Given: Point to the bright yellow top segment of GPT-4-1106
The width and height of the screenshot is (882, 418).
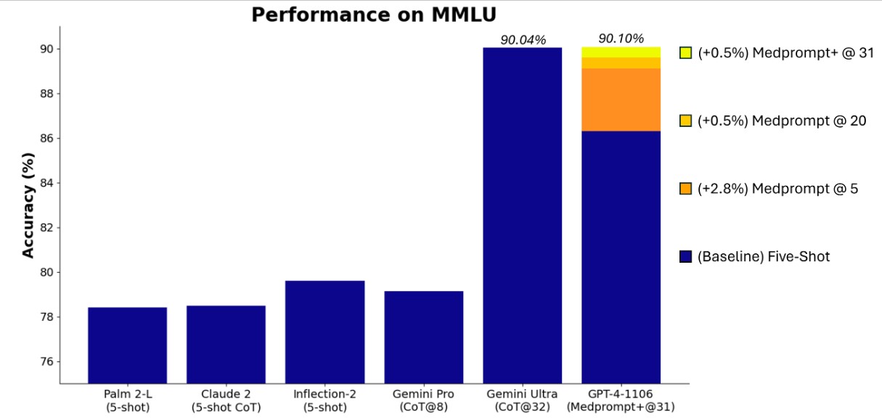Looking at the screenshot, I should pyautogui.click(x=621, y=52).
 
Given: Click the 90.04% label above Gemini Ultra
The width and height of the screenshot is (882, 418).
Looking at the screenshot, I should pyautogui.click(x=522, y=40).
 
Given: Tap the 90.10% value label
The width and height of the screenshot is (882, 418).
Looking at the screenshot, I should pyautogui.click(x=621, y=38).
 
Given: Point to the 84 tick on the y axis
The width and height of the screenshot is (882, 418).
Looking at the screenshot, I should pyautogui.click(x=44, y=183).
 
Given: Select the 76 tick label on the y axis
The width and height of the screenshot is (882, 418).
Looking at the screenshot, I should pyautogui.click(x=44, y=362).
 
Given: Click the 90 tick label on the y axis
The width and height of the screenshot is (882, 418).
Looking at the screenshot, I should pyautogui.click(x=44, y=49).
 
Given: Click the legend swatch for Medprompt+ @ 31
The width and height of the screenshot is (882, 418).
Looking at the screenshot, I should pyautogui.click(x=685, y=53).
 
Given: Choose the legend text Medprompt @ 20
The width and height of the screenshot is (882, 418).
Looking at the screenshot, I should pyautogui.click(x=782, y=121).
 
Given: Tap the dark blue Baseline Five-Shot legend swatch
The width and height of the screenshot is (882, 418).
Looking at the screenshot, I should pyautogui.click(x=685, y=256).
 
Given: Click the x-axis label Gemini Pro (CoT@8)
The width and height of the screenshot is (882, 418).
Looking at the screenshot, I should pyautogui.click(x=423, y=401).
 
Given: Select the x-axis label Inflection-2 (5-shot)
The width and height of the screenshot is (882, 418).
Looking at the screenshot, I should pyautogui.click(x=324, y=401).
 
